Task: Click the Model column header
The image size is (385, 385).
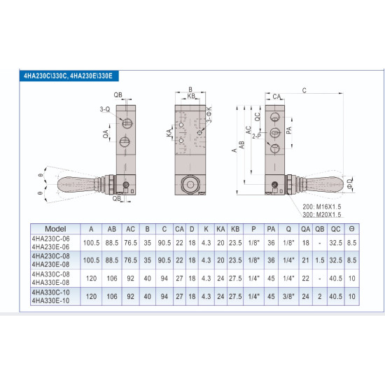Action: (x=55, y=228)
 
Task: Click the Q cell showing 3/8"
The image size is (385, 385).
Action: (x=288, y=296)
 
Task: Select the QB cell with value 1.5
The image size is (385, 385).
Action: (x=320, y=260)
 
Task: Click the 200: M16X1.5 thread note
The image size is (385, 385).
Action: (x=321, y=207)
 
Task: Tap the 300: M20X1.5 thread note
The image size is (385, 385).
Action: (x=321, y=216)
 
